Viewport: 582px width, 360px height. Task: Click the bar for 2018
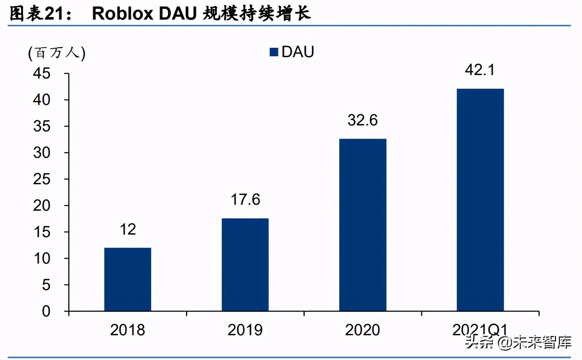[128, 279]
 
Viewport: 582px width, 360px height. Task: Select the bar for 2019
[245, 264]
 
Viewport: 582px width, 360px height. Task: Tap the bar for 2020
[363, 225]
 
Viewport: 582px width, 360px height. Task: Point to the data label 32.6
[363, 120]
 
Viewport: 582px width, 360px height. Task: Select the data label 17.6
[245, 200]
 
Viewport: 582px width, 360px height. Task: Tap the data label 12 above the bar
[128, 229]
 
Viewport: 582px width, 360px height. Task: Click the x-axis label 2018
[128, 330]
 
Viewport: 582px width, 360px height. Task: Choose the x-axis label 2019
[245, 330]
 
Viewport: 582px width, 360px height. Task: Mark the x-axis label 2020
[363, 330]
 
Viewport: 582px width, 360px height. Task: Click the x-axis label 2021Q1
[480, 330]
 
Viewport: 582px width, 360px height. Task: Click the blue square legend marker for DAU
[274, 52]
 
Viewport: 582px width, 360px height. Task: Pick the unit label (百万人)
[57, 53]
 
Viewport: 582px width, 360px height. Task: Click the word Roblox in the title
[122, 14]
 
